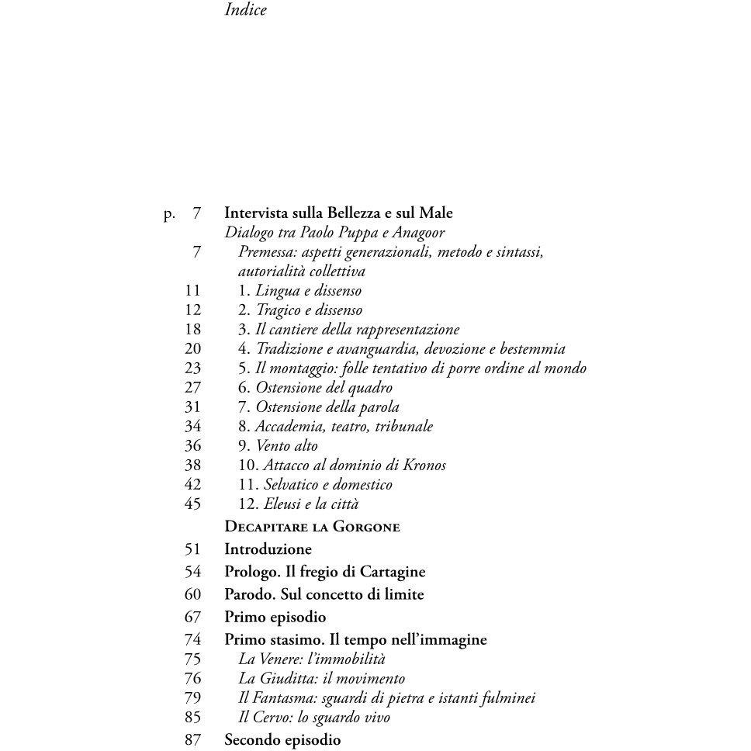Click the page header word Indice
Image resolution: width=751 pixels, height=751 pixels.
point(245,10)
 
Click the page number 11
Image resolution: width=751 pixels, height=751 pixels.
point(192,291)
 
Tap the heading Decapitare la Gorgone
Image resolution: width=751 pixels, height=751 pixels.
point(312,527)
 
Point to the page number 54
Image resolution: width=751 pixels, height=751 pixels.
point(192,572)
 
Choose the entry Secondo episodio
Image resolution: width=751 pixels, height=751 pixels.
point(282,740)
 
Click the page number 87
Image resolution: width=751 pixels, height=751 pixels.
point(192,740)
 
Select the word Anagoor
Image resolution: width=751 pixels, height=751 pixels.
point(418,233)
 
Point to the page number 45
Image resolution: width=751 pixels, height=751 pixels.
point(192,504)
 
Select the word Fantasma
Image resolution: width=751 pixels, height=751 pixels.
point(282,698)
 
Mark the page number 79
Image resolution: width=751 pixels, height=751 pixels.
point(192,698)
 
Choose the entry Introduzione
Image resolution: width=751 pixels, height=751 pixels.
point(268,549)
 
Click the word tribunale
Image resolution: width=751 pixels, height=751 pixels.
point(402,427)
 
